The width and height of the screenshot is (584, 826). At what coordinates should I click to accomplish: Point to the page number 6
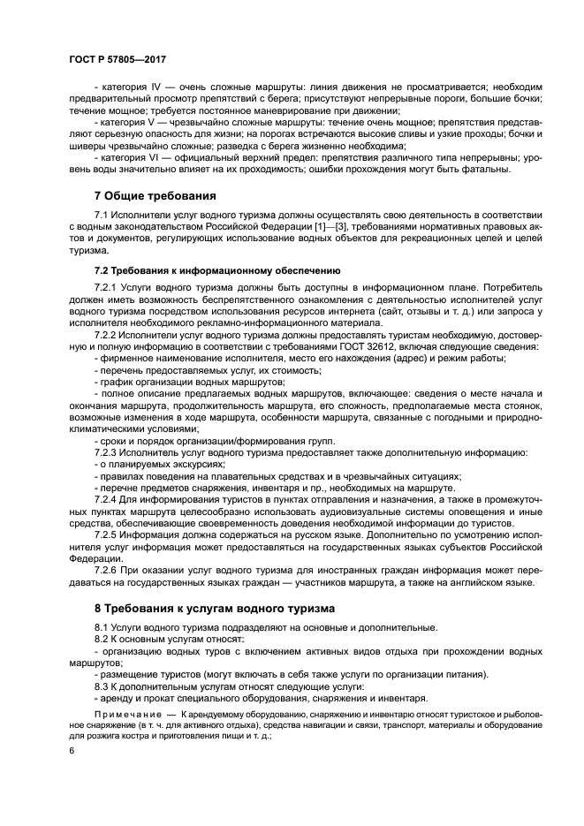[72, 750]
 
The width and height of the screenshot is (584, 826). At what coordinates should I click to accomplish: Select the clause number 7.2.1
[109, 288]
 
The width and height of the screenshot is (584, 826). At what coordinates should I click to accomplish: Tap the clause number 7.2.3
[109, 452]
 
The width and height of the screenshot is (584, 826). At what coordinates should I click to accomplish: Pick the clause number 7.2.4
[109, 499]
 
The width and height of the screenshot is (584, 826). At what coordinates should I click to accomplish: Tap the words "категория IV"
[132, 87]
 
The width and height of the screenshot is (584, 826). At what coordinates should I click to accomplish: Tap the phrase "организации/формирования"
[248, 441]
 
